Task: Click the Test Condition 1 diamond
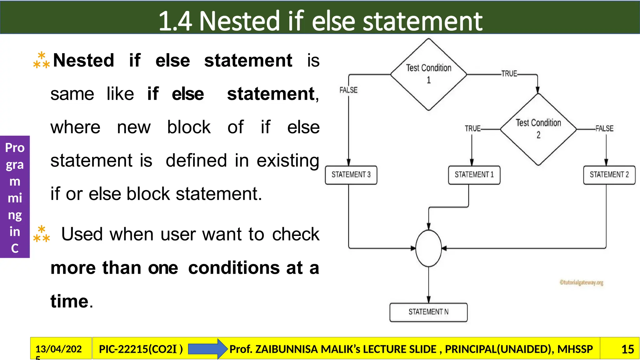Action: click(428, 74)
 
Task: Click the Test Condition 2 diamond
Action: click(538, 129)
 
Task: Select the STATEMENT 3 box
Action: click(351, 175)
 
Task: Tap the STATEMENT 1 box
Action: click(474, 175)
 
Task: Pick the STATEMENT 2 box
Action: click(609, 175)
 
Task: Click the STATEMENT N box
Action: click(428, 312)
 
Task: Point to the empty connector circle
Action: click(428, 248)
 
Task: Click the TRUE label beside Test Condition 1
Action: click(509, 74)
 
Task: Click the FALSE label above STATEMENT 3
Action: click(348, 90)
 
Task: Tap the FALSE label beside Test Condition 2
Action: click(604, 128)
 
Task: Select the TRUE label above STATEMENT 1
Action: click(472, 128)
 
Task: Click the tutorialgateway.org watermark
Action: click(581, 282)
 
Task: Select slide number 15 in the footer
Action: click(627, 349)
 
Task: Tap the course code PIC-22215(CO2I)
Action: click(141, 349)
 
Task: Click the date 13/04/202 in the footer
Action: click(58, 349)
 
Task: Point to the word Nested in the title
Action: click(239, 21)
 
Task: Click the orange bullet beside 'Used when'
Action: click(42, 234)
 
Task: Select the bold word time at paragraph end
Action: click(69, 301)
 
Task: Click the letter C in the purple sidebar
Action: click(15, 248)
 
